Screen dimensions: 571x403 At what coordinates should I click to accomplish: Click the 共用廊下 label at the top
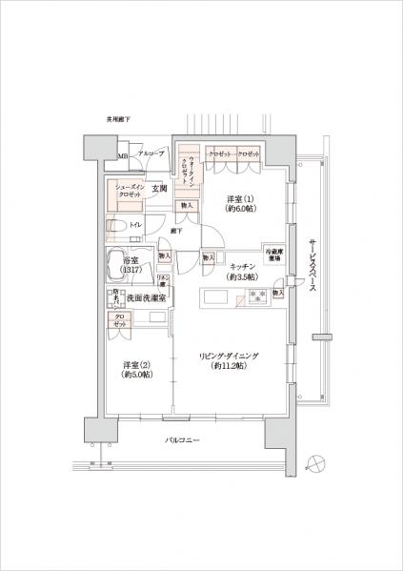coord(120,119)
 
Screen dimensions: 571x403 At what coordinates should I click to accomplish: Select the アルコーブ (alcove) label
coord(151,153)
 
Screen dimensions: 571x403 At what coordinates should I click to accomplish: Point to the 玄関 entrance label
coord(159,189)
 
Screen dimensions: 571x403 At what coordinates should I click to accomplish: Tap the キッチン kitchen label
coord(239,266)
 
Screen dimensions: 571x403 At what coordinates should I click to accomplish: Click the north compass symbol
coord(320,461)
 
